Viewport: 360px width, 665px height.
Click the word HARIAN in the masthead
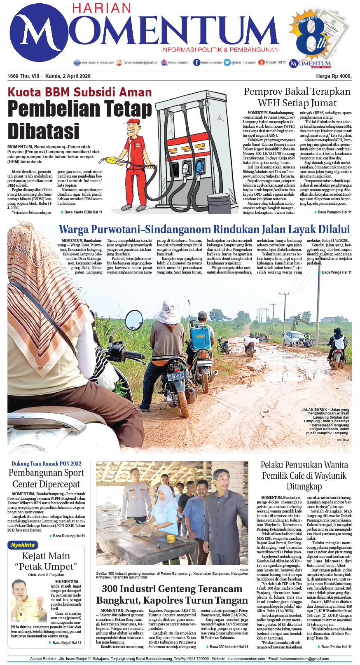coord(101,8)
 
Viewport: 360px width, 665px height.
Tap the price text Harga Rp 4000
coord(334,76)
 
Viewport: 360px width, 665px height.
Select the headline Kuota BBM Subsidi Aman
coord(80,92)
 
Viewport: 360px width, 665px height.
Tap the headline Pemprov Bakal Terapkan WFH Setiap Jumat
coord(297,97)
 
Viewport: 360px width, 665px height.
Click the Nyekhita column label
coord(23,545)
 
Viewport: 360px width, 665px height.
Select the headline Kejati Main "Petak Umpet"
coord(46,561)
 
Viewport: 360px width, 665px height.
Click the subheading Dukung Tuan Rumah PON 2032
coord(46,464)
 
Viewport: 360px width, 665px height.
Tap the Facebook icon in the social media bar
coord(197,62)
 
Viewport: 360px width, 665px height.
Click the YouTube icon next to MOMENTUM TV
coord(261,62)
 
